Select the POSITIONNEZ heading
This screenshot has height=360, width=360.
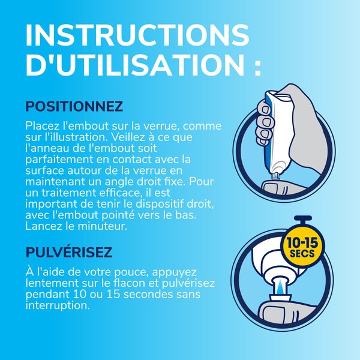click(x=74, y=107)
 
